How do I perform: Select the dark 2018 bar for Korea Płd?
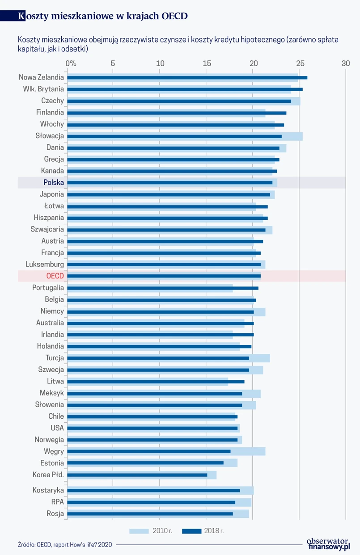click(x=137, y=475)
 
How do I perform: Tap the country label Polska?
click(x=54, y=182)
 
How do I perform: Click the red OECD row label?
click(x=55, y=276)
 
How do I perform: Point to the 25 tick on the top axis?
click(x=300, y=63)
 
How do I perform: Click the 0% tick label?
click(x=71, y=63)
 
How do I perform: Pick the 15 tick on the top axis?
click(x=207, y=63)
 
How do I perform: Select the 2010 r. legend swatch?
click(x=139, y=531)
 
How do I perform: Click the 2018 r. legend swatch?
click(x=192, y=531)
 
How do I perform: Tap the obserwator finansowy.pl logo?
click(x=328, y=543)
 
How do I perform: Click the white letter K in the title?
click(x=21, y=16)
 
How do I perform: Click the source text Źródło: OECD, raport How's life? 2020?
click(x=65, y=544)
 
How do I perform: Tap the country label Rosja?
click(x=55, y=513)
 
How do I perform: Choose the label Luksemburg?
click(x=45, y=264)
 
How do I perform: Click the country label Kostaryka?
click(x=48, y=490)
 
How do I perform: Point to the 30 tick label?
click(x=346, y=63)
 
